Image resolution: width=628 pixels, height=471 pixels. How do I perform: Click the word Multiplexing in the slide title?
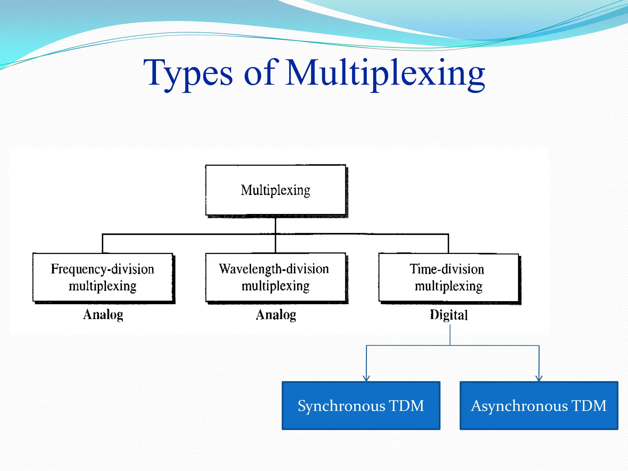pyautogui.click(x=385, y=74)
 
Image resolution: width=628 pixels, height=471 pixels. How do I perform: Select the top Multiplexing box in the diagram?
pyautogui.click(x=275, y=190)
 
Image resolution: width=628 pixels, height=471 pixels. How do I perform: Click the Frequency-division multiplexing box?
pyautogui.click(x=103, y=277)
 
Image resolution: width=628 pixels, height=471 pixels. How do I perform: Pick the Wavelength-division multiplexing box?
pyautogui.click(x=275, y=277)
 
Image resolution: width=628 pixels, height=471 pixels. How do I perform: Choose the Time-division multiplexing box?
pyautogui.click(x=448, y=277)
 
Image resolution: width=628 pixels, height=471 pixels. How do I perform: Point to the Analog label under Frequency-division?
pyautogui.click(x=103, y=315)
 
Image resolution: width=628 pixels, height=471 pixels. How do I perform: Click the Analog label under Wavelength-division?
pyautogui.click(x=276, y=315)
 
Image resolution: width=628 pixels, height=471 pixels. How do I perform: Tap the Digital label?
pyautogui.click(x=449, y=315)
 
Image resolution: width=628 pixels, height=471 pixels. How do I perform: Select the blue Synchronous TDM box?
pyautogui.click(x=361, y=405)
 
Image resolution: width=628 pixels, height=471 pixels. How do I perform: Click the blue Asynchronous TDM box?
pyautogui.click(x=539, y=405)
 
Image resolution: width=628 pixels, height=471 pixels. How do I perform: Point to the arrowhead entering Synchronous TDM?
pyautogui.click(x=366, y=378)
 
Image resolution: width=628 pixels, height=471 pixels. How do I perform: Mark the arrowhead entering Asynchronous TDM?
pyautogui.click(x=539, y=378)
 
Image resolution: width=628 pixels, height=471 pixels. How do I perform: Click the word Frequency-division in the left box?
pyautogui.click(x=102, y=269)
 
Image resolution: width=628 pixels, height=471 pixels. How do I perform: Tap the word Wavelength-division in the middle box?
pyautogui.click(x=274, y=269)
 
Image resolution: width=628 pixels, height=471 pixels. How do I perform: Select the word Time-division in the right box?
pyautogui.click(x=447, y=269)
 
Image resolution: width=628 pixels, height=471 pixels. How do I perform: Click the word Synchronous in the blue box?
pyautogui.click(x=341, y=406)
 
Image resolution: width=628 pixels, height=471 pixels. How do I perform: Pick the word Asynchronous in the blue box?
pyautogui.click(x=519, y=406)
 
